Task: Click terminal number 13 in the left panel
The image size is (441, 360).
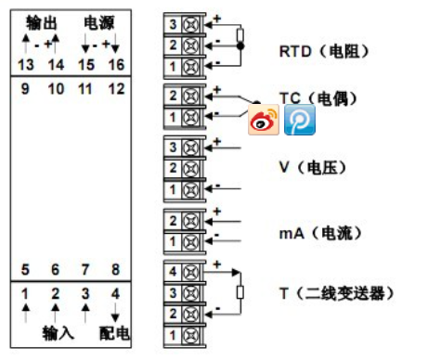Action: click(x=26, y=65)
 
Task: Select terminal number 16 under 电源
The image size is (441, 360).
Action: click(x=116, y=65)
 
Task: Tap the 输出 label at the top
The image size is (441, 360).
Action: click(x=42, y=23)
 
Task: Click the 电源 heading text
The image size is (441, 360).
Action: click(x=99, y=23)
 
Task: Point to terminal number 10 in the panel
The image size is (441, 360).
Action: click(x=56, y=89)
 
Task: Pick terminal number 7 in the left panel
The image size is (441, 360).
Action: click(x=85, y=269)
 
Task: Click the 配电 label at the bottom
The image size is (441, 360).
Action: click(x=114, y=333)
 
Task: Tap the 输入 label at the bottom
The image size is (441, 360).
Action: click(x=58, y=333)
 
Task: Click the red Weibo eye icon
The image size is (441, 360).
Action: click(x=264, y=120)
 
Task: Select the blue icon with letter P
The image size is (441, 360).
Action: click(x=300, y=120)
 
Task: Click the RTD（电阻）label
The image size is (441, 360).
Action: click(x=324, y=51)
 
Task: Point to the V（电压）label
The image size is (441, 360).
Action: click(x=313, y=167)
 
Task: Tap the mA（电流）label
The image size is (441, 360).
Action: click(x=320, y=233)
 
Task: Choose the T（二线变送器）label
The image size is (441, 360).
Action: click(x=337, y=293)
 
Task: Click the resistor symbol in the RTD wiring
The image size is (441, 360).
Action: click(x=240, y=35)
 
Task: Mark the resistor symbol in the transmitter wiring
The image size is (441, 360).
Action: click(x=240, y=292)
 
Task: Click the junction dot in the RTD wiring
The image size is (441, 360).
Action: click(x=240, y=46)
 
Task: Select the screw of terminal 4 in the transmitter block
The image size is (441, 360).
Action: click(x=190, y=272)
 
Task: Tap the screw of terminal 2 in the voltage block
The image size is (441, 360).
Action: click(x=190, y=169)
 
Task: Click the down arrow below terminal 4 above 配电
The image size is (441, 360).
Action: click(x=115, y=313)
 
